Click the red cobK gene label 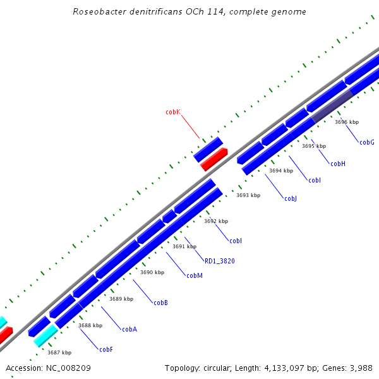[173, 112]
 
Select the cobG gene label [367, 142]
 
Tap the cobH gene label [338, 164]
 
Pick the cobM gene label [195, 275]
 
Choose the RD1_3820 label [220, 260]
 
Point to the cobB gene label [161, 303]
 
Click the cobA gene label [129, 329]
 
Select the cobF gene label [106, 349]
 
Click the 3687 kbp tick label [59, 352]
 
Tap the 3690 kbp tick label [152, 272]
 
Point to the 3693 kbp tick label [248, 195]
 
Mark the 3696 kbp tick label [347, 122]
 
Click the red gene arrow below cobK [214, 160]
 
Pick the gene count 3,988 [359, 368]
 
